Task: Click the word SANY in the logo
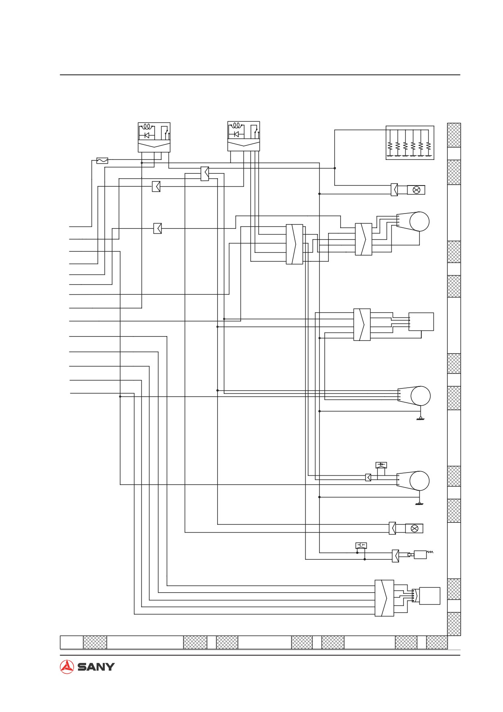click(96, 667)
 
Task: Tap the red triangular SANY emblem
click(67, 667)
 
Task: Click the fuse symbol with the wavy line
click(102, 161)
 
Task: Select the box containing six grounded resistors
click(410, 142)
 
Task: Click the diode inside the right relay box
click(236, 134)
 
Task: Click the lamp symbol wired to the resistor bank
click(416, 190)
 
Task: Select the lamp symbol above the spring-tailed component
click(414, 529)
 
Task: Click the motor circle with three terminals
click(419, 481)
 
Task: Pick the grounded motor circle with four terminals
click(421, 396)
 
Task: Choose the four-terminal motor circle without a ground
click(419, 222)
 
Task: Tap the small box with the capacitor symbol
click(361, 545)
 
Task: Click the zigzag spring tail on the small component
click(430, 552)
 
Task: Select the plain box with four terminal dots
click(421, 321)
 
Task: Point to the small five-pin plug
click(415, 595)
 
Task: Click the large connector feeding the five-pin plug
click(384, 598)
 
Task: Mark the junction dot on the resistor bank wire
click(335, 168)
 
